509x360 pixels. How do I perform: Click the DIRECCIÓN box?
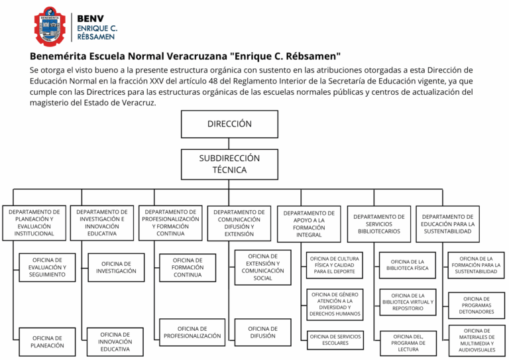(229, 124)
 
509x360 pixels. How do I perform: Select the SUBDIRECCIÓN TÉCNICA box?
(229, 164)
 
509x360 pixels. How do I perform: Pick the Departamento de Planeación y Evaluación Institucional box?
(35, 223)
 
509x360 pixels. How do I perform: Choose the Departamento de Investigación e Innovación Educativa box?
(102, 223)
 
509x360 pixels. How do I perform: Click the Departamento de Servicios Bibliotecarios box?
(379, 223)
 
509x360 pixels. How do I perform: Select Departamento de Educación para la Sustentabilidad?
(447, 223)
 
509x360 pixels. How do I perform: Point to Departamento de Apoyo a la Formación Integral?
(309, 223)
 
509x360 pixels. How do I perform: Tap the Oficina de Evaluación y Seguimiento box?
(46, 267)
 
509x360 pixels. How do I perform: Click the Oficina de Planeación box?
(48, 341)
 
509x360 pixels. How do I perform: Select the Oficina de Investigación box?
(116, 267)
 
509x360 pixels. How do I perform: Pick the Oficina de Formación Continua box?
(188, 267)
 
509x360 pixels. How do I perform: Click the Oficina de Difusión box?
(262, 332)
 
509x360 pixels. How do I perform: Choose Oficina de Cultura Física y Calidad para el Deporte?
(335, 264)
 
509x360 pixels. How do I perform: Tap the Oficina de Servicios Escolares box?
(335, 339)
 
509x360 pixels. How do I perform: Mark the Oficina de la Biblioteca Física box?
(408, 264)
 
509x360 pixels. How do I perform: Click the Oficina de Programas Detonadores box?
(477, 305)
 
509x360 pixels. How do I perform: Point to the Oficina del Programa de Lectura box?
(408, 343)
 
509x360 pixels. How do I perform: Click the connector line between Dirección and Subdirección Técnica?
(229, 143)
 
